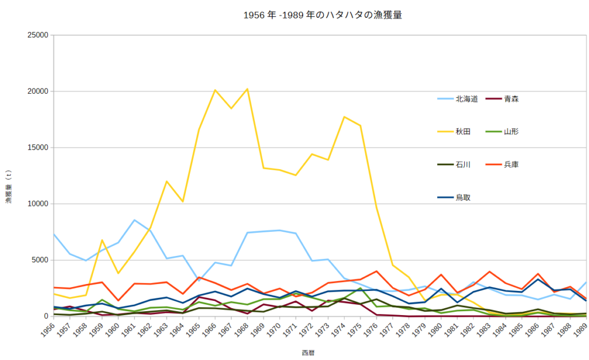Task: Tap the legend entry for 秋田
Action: [463, 132]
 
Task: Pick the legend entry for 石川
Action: [463, 164]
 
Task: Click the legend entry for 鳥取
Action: [463, 197]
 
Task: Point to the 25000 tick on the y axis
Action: [37, 35]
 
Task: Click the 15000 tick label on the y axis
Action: [37, 148]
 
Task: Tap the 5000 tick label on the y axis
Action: [40, 260]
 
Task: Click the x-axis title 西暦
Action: [308, 352]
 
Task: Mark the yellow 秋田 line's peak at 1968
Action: [247, 89]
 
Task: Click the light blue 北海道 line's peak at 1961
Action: [134, 220]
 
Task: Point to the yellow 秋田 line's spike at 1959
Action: [102, 240]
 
